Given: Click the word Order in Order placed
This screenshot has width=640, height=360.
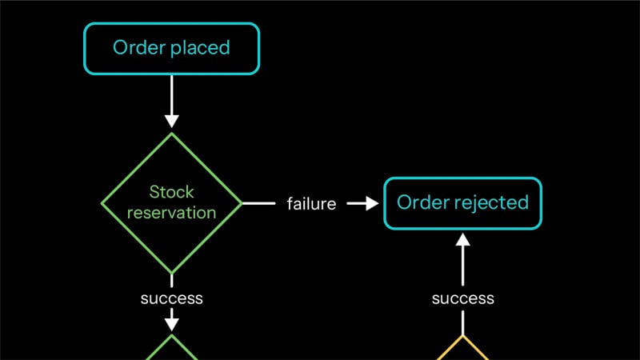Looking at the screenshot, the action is click(139, 47).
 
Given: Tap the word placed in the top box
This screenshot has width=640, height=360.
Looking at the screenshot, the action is click(201, 48).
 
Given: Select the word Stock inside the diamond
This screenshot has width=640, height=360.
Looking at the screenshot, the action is click(171, 192).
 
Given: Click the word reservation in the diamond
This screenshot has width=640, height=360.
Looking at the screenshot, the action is click(171, 213).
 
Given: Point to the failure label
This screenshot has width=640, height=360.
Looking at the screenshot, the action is click(311, 204).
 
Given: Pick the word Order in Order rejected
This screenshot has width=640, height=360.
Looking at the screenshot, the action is click(423, 202).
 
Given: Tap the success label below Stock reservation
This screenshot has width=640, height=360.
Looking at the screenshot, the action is click(171, 298).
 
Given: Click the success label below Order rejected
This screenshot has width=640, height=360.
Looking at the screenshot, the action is click(463, 298).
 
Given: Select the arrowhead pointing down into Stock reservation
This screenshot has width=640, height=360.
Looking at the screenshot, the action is click(171, 122).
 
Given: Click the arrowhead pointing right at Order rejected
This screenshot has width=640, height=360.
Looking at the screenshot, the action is click(372, 203).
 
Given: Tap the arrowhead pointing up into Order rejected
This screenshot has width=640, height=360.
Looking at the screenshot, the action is click(463, 239).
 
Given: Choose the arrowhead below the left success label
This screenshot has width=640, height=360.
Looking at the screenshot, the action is click(171, 325).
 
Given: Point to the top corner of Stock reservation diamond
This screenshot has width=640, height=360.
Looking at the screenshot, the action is click(171, 134).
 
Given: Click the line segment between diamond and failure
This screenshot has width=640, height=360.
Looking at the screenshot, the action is click(259, 203).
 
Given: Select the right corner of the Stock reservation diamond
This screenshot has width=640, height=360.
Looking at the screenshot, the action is click(242, 203).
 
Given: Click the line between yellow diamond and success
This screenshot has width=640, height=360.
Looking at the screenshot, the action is click(463, 323).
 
